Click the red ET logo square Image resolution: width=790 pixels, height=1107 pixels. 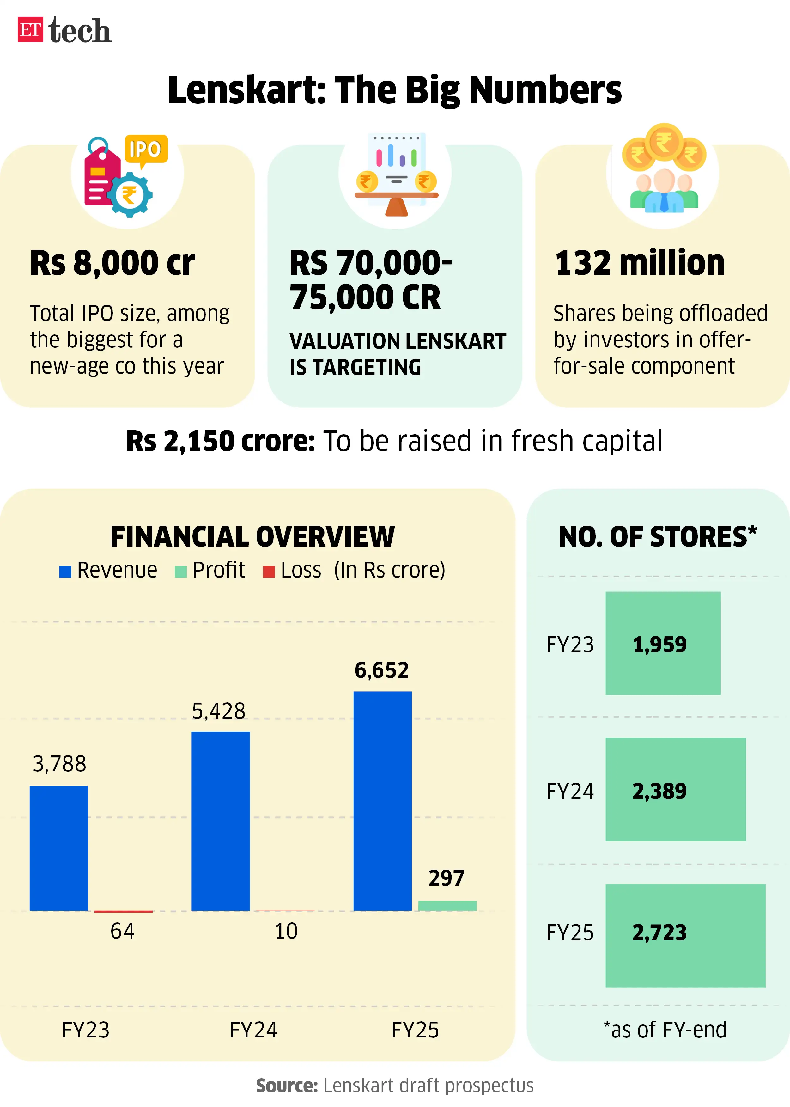(30, 30)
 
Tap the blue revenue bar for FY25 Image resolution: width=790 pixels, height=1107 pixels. (382, 800)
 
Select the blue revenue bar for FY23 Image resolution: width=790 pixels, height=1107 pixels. (59, 848)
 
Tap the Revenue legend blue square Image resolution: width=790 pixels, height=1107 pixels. (65, 571)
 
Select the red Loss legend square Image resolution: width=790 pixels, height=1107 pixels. (269, 571)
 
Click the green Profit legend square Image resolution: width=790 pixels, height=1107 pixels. (180, 571)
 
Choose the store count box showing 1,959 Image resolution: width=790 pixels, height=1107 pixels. (663, 643)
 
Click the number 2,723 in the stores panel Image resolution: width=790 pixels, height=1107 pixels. (659, 932)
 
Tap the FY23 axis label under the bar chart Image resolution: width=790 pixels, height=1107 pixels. (86, 1030)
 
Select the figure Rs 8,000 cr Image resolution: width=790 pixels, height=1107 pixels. (112, 263)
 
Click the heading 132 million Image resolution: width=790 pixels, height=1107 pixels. (640, 263)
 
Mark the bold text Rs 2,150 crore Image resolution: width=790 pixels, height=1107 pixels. (220, 441)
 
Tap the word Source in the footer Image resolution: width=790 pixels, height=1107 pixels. (287, 1086)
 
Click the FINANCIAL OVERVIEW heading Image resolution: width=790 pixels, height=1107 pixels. (252, 537)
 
